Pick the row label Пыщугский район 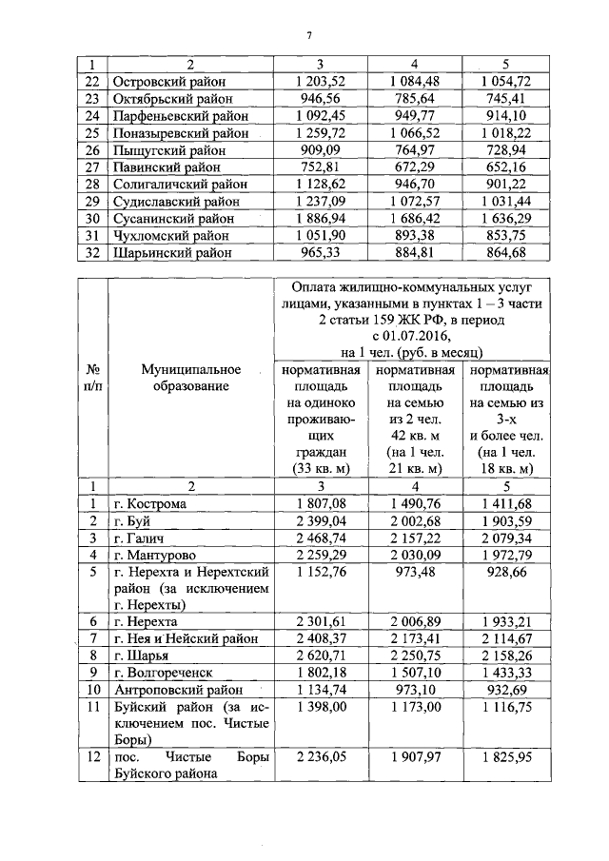pyautogui.click(x=167, y=149)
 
